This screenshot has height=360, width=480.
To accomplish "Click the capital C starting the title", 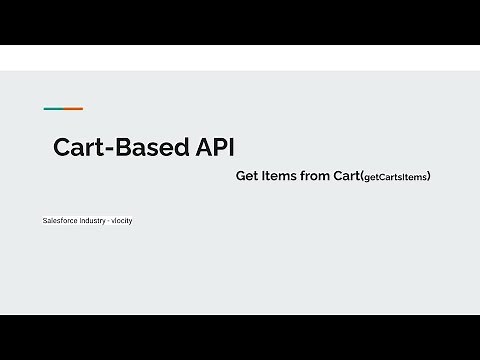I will tap(62, 148).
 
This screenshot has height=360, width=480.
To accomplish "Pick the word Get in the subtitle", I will tap(246, 176).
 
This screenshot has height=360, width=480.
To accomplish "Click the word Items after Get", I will tap(277, 176).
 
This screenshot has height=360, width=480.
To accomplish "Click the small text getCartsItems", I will tap(397, 177).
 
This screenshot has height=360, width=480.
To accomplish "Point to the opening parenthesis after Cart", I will tap(361, 177).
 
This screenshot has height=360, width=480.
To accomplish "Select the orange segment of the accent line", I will tap(73, 109).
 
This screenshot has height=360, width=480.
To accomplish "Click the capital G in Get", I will tap(241, 176).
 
